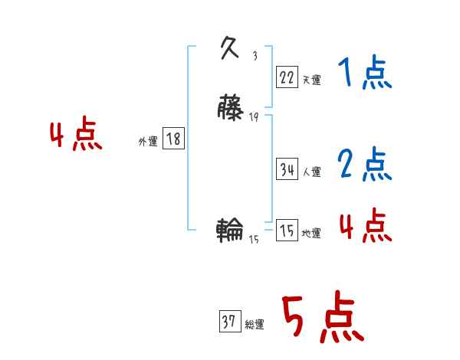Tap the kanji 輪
tap(230, 229)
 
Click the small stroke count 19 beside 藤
tap(254, 116)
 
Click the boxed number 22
tap(287, 77)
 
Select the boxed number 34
tap(287, 170)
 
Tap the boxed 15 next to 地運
tap(287, 231)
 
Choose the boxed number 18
tap(173, 139)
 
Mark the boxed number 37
tap(229, 322)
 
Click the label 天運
tap(311, 80)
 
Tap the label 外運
tap(148, 142)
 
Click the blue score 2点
tap(365, 163)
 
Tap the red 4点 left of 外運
tap(76, 136)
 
